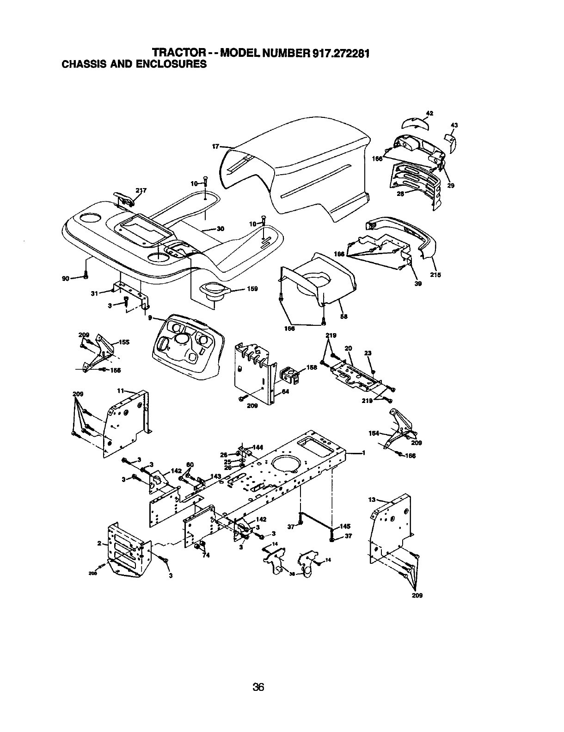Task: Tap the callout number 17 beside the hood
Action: coord(215,146)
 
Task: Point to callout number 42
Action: coord(429,113)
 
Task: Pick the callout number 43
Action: coord(454,125)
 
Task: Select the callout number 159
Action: coord(252,289)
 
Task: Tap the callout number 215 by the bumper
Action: coord(435,275)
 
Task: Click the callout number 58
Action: coord(343,317)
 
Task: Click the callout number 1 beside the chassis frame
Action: coord(364,453)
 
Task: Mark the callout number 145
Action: coord(345,526)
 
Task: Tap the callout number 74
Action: coord(206,555)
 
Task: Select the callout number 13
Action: coord(371,500)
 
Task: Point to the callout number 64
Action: coord(286,392)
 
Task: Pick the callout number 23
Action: coord(368,353)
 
